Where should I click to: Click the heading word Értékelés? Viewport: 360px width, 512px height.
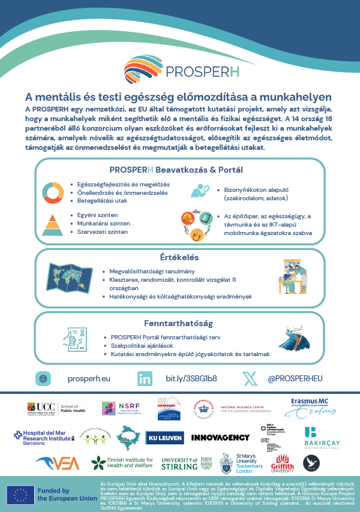pos(179,257)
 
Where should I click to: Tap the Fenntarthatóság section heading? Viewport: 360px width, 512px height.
pos(179,323)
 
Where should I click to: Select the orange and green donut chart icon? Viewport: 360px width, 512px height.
pos(53,191)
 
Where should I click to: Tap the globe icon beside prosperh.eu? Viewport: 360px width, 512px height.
pos(43,379)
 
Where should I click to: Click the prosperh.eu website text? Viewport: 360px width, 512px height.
pos(89,379)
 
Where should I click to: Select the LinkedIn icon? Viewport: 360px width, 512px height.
pos(145,379)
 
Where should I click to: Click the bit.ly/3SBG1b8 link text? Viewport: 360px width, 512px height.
pos(191,379)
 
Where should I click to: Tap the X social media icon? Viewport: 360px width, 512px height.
pos(250,379)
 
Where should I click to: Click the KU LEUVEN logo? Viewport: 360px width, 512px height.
pos(164,437)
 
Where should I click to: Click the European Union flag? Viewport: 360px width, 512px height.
pos(20,495)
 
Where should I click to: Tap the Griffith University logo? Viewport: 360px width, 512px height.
pos(282,464)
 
